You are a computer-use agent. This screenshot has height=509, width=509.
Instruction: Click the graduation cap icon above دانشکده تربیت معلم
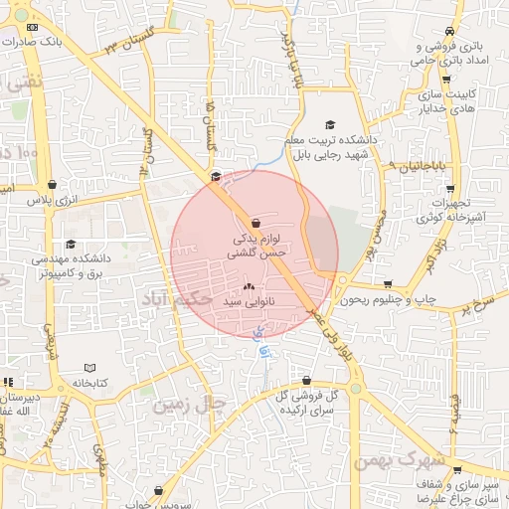click(330, 124)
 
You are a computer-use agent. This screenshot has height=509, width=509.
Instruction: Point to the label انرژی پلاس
click(52, 201)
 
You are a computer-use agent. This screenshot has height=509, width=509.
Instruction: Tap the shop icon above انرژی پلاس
click(52, 184)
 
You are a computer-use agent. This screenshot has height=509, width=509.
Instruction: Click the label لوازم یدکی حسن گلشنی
click(256, 247)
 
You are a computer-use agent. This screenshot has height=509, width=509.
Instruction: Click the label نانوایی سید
click(249, 299)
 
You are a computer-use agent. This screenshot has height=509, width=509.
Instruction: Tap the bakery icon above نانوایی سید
click(249, 284)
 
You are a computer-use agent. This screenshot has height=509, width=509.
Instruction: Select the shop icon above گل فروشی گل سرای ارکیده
click(306, 380)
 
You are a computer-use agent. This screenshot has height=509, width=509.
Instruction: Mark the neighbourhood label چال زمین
click(190, 405)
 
